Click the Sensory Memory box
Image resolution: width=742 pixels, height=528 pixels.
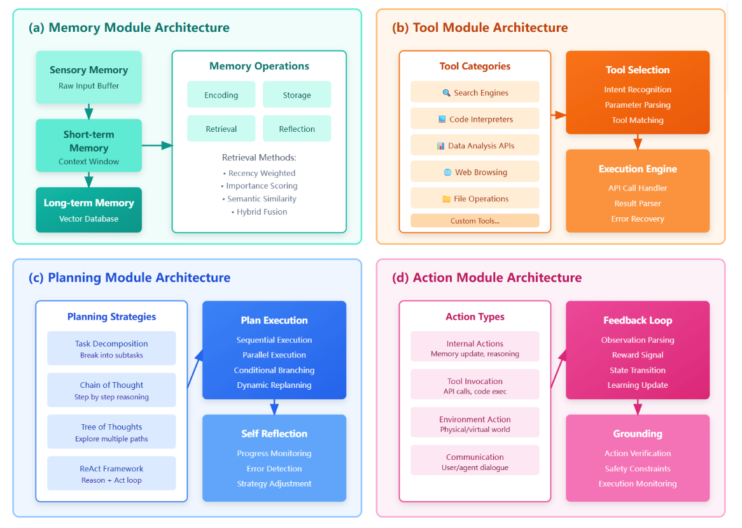[88, 77]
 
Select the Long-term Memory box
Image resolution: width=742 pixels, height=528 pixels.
[88, 210]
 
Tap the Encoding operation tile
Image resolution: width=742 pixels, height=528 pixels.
[221, 95]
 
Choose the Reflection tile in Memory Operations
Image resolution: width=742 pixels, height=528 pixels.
[297, 129]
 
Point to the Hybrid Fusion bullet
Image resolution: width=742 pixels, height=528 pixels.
[260, 211]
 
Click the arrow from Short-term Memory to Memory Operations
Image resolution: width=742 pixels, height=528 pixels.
[157, 145]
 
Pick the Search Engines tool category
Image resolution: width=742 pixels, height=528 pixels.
[475, 92]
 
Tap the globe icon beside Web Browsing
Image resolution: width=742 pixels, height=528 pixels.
[447, 172]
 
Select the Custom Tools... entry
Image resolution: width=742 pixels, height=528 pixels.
[475, 221]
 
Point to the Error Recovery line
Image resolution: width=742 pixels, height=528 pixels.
[638, 218]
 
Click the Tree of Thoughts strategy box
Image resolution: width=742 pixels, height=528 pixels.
[111, 432]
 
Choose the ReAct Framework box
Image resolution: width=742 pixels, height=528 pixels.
[111, 473]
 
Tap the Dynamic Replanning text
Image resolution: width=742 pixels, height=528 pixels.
[274, 385]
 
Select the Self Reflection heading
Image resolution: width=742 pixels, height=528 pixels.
[274, 434]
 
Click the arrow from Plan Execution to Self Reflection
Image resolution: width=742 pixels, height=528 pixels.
[274, 406]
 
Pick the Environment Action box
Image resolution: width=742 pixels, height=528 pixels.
[475, 424]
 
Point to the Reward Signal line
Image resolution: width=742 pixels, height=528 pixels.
[638, 355]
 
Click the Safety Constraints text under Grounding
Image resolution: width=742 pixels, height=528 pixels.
[638, 468]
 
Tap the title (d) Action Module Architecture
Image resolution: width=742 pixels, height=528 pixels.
[487, 278]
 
